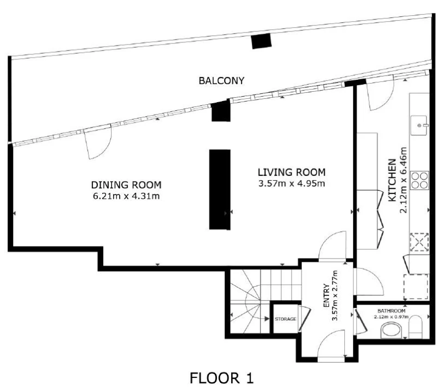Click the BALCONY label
pyautogui.click(x=221, y=81)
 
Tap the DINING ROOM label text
pyautogui.click(x=126, y=185)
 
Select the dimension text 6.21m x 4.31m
pyautogui.click(x=126, y=196)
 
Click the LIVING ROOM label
pyautogui.click(x=292, y=172)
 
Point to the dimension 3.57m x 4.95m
pyautogui.click(x=292, y=184)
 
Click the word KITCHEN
pyautogui.click(x=392, y=180)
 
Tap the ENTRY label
pyautogui.click(x=326, y=296)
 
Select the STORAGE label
pyautogui.click(x=286, y=319)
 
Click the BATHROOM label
pyautogui.click(x=391, y=311)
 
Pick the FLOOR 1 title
pyautogui.click(x=221, y=378)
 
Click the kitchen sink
pyautogui.click(x=419, y=125)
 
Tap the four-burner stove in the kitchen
pyautogui.click(x=420, y=180)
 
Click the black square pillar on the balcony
pyautogui.click(x=261, y=41)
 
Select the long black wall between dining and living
pyautogui.click(x=220, y=190)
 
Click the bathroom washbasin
pyautogui.click(x=391, y=330)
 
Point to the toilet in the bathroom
pyautogui.click(x=416, y=327)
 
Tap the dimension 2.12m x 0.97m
pyautogui.click(x=391, y=317)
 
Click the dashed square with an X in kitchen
pyautogui.click(x=419, y=242)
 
